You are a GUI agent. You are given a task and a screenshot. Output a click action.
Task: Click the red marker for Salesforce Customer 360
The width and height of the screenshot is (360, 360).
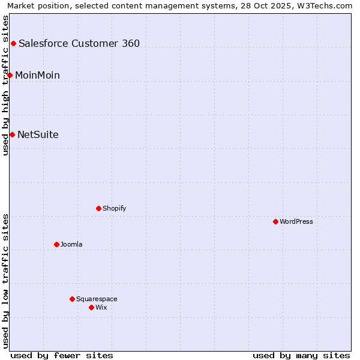[x=13, y=43]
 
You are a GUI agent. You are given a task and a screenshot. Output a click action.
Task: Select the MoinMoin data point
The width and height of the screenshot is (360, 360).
[x=10, y=75]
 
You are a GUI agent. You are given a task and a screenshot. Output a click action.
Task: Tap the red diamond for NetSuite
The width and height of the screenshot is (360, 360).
[x=12, y=134]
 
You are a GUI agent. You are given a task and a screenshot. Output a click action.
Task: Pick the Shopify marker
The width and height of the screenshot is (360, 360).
[x=98, y=208]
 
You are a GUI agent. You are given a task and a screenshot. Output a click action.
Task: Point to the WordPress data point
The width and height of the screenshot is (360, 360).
[x=275, y=221]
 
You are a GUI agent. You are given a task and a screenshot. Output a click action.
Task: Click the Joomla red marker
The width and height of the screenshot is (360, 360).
[x=56, y=244]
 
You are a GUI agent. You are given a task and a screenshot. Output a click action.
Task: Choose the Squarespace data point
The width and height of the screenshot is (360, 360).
[x=72, y=299]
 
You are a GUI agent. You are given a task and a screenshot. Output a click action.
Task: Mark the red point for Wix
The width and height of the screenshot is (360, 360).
[x=91, y=307]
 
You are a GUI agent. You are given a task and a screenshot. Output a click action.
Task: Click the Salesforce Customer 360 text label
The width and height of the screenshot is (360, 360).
[x=79, y=43]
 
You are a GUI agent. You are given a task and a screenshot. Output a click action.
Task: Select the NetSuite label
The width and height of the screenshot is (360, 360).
[x=38, y=134]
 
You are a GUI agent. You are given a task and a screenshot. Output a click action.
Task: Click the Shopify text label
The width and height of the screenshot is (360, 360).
[x=114, y=208]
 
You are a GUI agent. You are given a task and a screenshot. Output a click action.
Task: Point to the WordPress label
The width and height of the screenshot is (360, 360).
[x=296, y=221]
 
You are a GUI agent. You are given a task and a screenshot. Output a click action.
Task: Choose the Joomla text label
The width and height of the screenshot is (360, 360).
[x=71, y=244]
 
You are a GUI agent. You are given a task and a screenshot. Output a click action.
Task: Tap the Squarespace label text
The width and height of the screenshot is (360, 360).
[x=97, y=299]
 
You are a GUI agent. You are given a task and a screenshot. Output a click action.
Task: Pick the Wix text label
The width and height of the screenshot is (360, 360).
[x=101, y=307]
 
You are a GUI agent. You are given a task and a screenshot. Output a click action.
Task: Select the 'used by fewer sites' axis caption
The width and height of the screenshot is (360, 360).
[x=62, y=355]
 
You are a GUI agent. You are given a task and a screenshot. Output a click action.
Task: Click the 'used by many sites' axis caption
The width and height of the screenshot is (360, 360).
[x=301, y=355]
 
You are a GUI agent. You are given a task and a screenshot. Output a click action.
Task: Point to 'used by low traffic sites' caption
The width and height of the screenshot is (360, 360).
[x=5, y=281]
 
